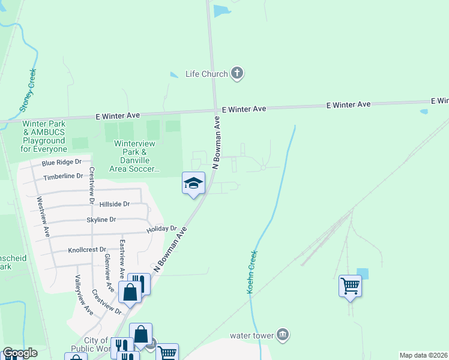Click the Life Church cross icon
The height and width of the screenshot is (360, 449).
coord(237,74)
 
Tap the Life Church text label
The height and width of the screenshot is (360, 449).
coord(206,74)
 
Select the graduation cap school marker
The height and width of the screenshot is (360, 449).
coord(194,183)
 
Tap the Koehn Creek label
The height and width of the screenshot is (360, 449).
coord(252,272)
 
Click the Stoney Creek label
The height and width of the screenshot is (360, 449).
coord(28,91)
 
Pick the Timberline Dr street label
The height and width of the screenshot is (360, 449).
coord(62,176)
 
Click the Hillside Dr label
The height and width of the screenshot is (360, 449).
coord(115,204)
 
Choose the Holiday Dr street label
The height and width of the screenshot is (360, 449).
coord(161,229)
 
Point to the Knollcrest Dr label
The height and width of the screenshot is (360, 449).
coord(87,250)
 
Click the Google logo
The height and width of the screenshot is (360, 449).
coord(20,353)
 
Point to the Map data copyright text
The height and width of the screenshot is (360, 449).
coord(423,355)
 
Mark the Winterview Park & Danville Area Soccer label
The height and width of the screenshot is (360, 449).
coord(135,156)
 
